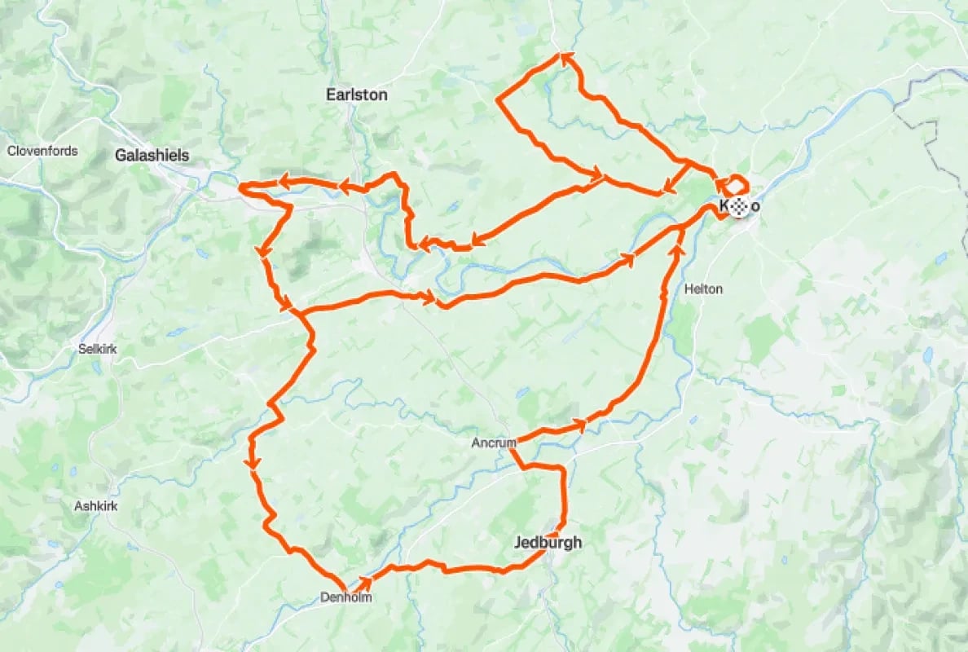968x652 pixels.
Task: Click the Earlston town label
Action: (x=356, y=95)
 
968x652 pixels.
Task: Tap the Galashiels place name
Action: (x=152, y=155)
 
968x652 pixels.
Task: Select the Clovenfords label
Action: (x=42, y=151)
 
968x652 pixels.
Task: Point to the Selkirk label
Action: (x=98, y=349)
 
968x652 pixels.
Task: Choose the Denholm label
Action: (x=346, y=597)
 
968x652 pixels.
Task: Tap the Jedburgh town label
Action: (x=548, y=542)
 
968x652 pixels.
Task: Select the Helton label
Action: (x=703, y=289)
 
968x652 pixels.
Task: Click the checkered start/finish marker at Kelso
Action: (x=739, y=207)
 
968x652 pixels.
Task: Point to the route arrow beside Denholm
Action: (x=366, y=582)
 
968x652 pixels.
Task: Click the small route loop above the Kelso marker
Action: (x=737, y=183)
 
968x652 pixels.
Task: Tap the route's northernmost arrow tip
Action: (x=564, y=56)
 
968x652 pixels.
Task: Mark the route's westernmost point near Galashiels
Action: (x=240, y=189)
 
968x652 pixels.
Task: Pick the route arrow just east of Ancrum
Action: (x=580, y=424)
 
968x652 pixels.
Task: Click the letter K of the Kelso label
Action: (x=724, y=207)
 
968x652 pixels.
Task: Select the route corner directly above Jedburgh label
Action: (x=561, y=469)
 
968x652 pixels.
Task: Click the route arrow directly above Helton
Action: (x=677, y=249)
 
